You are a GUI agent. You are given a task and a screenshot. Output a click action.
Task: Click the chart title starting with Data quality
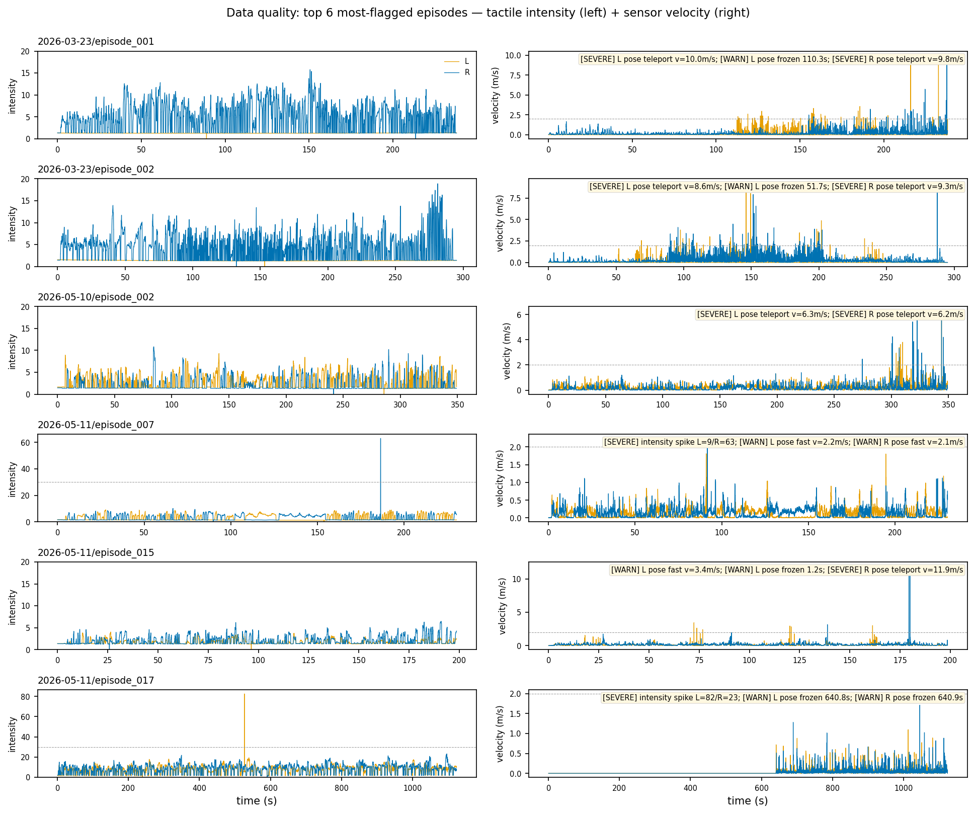[488, 13]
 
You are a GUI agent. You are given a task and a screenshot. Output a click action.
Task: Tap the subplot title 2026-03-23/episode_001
[96, 42]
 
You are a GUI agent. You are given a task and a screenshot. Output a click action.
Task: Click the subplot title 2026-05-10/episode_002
[96, 297]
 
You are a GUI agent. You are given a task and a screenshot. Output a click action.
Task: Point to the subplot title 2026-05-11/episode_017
[96, 681]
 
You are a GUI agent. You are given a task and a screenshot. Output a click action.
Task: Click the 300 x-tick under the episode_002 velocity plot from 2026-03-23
[954, 277]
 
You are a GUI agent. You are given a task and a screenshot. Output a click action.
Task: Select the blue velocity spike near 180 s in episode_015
[909, 609]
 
